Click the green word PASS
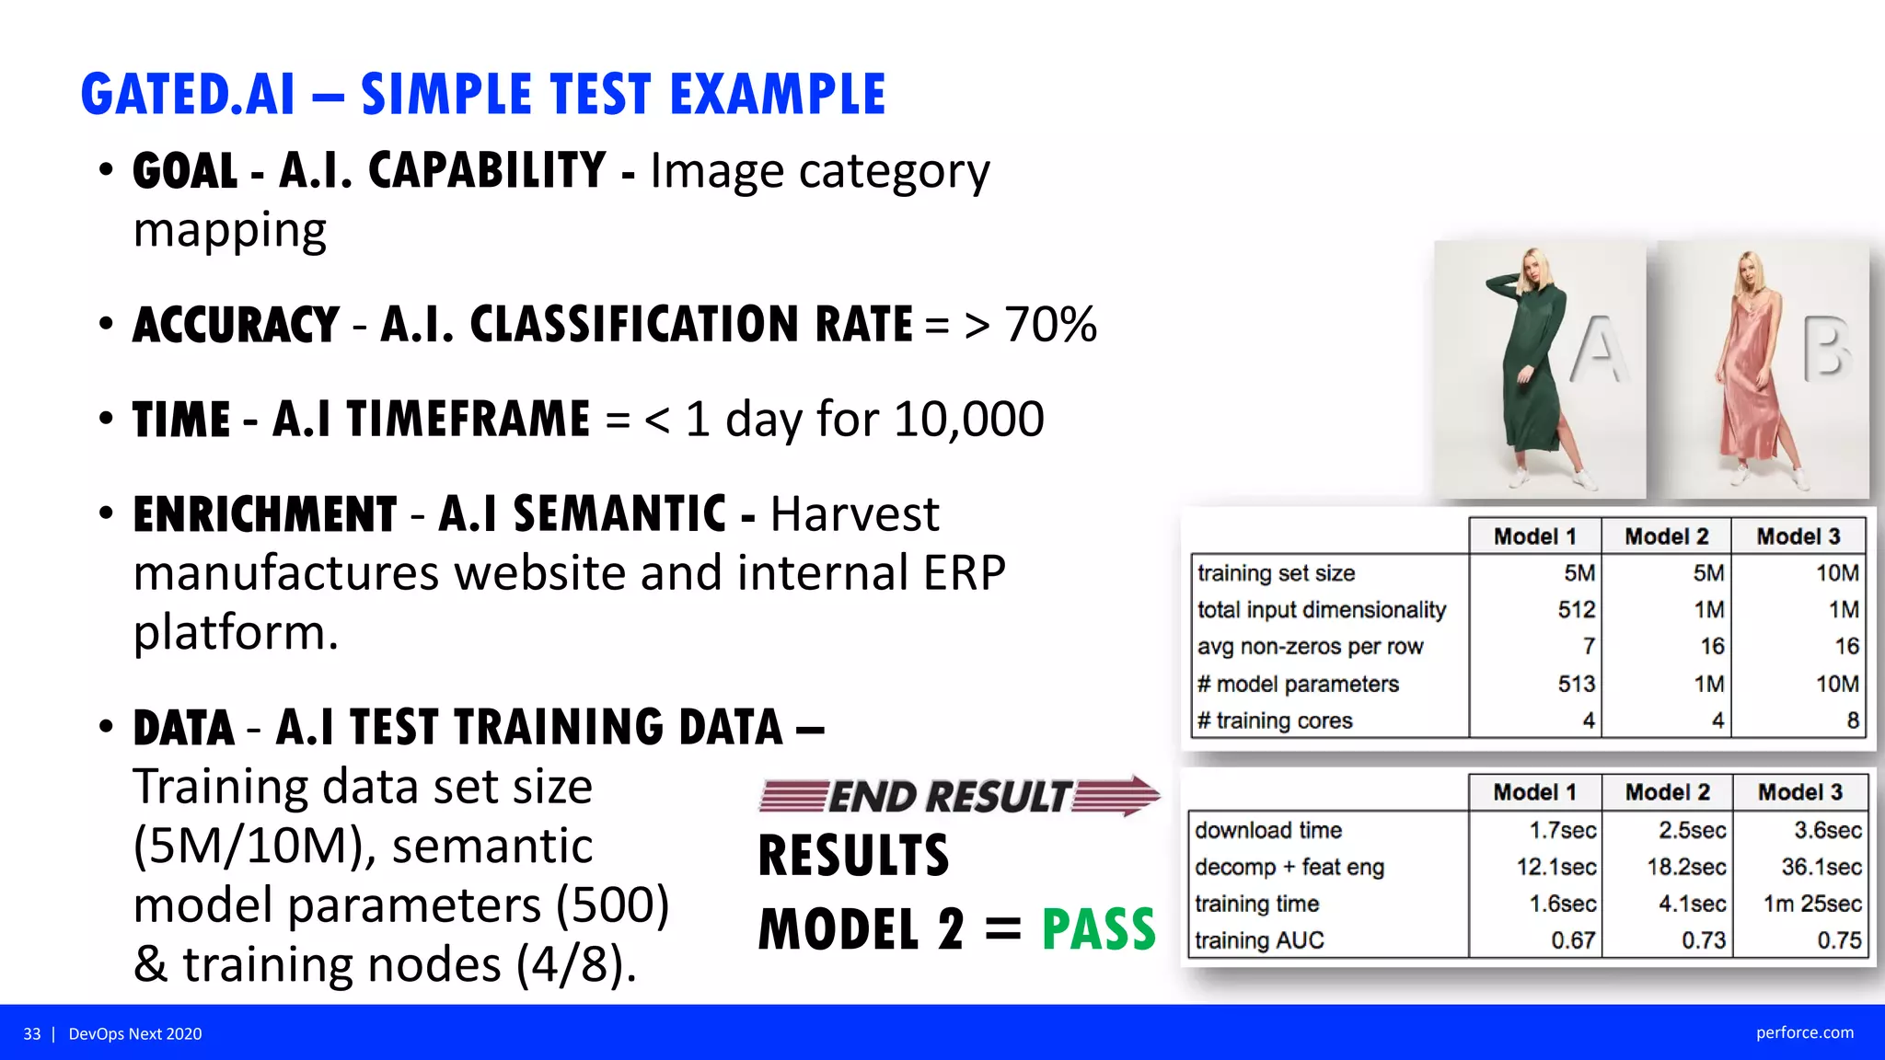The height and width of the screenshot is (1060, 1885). tap(1098, 929)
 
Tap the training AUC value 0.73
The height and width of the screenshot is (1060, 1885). tap(1703, 940)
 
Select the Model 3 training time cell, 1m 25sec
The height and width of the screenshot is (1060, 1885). tap(1811, 904)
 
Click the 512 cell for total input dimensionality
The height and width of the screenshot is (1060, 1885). tap(1576, 610)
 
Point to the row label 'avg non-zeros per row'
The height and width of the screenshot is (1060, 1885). tap(1310, 647)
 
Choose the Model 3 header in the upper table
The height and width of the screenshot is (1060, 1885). tap(1798, 536)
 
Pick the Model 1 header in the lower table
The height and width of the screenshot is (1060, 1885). tap(1534, 792)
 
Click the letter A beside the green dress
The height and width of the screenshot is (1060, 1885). tap(1597, 350)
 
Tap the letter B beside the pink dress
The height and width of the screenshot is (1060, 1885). tap(1825, 350)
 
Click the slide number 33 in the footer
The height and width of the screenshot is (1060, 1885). tap(32, 1034)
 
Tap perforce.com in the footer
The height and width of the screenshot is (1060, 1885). tap(1804, 1032)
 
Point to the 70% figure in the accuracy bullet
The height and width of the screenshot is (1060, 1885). tap(1050, 325)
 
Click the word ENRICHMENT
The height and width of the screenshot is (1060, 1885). tap(265, 514)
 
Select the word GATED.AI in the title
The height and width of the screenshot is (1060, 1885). tap(189, 95)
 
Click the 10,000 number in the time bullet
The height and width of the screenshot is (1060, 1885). tap(968, 420)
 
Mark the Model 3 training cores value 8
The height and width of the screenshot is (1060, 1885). tap(1852, 720)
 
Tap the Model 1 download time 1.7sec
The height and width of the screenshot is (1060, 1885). tap(1562, 830)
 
